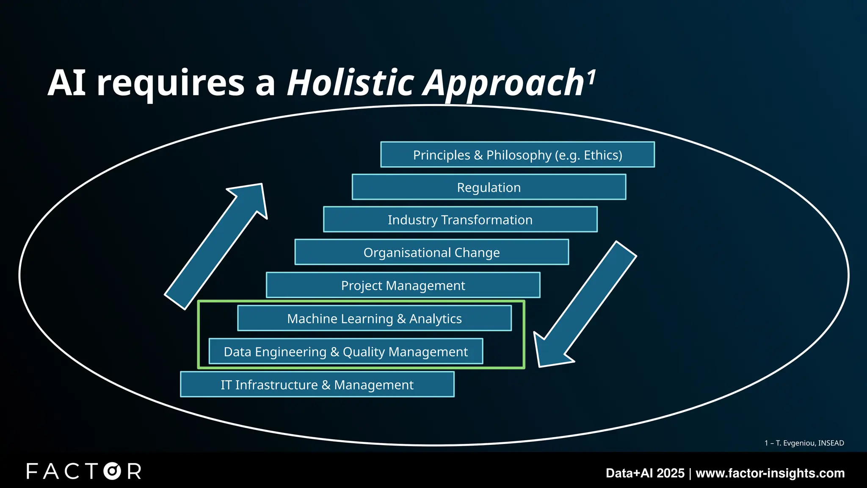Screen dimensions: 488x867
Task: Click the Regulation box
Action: click(489, 187)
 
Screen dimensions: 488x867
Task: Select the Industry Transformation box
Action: click(460, 220)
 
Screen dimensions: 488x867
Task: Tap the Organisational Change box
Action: click(431, 252)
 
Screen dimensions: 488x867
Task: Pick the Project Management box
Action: click(403, 286)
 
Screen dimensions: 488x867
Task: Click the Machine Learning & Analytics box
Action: click(374, 319)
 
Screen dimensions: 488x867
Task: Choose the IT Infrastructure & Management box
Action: click(317, 385)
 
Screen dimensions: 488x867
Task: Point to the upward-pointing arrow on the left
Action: click(216, 246)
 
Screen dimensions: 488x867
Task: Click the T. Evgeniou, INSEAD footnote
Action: click(804, 443)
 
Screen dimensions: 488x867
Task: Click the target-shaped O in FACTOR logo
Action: click(112, 471)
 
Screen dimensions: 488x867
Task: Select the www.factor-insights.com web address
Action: click(770, 473)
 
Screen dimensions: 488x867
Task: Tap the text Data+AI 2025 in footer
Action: click(645, 473)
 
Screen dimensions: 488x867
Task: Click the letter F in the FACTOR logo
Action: click(32, 471)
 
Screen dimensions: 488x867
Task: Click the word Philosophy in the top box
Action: click(519, 155)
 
